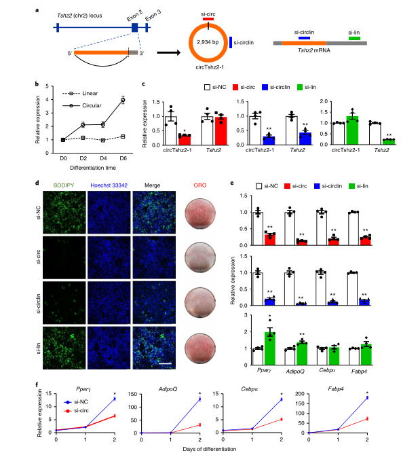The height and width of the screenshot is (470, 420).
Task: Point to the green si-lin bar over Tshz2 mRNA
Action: click(x=354, y=39)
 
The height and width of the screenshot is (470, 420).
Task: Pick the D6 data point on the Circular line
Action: click(x=123, y=100)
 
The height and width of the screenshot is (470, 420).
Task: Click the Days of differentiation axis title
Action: click(x=232, y=452)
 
